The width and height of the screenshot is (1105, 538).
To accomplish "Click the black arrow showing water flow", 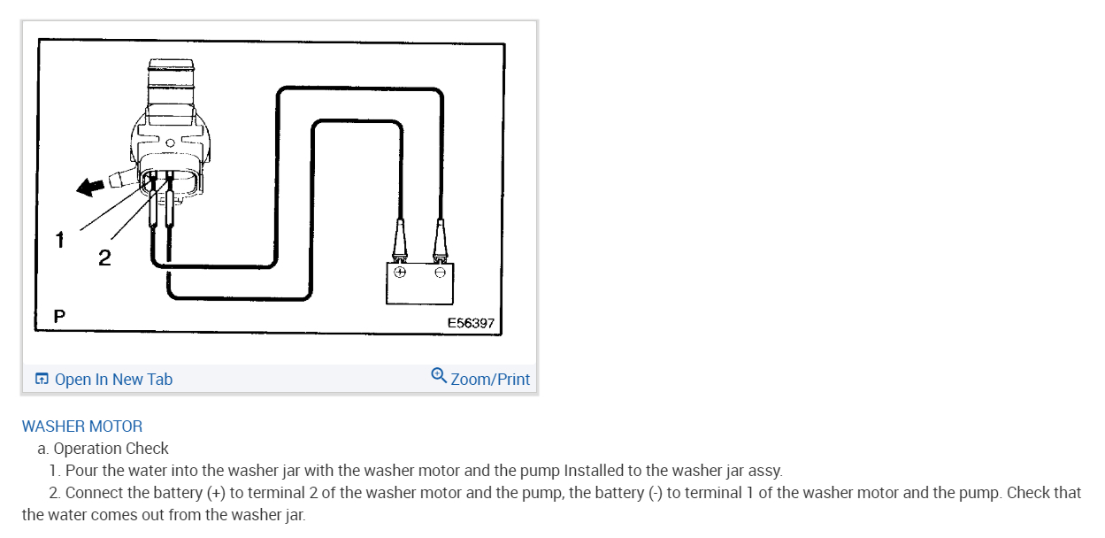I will click(89, 186).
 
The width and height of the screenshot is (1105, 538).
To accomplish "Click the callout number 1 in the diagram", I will click(59, 239).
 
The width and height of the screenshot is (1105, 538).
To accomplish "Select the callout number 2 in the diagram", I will click(104, 257).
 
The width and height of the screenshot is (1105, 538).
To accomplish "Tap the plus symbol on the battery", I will click(400, 273).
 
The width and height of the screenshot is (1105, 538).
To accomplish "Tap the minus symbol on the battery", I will click(440, 273).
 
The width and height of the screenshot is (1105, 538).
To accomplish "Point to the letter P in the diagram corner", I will click(59, 315).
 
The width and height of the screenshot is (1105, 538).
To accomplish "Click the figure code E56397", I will click(471, 323).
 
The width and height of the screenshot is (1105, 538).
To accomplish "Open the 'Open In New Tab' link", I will click(113, 380).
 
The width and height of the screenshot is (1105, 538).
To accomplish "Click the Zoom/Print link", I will click(490, 380).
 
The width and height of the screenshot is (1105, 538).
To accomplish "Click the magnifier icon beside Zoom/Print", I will click(439, 376).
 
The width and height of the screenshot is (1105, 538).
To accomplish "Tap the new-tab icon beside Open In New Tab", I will click(42, 380).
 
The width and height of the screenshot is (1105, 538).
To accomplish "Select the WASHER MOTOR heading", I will click(82, 427).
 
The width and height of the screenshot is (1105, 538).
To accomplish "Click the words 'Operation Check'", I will click(111, 449).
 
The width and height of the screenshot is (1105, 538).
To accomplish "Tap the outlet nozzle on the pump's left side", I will click(119, 181).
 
